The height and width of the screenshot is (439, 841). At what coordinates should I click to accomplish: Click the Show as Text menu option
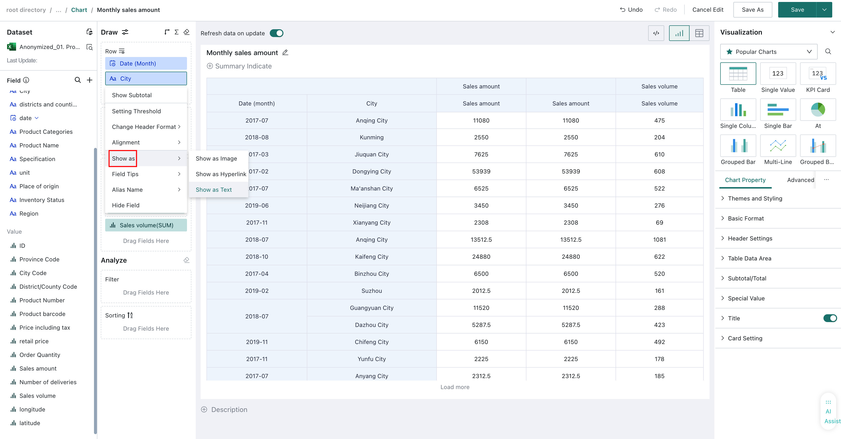coord(214,190)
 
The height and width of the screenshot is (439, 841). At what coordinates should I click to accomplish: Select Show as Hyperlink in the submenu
coord(221,174)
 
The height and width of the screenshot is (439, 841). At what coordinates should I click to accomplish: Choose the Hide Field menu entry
coord(126,205)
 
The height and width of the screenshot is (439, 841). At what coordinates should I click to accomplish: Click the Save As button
coord(753,10)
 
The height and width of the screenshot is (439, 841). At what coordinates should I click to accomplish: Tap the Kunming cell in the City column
coord(372,137)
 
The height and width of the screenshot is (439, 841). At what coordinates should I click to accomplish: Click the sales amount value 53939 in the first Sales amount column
coord(481,172)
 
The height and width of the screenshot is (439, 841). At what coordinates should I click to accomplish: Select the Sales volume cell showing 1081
coord(659,239)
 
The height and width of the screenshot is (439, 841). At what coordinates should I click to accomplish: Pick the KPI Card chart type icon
coord(817,74)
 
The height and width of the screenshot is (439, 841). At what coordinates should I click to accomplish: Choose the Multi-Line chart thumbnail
coord(778,146)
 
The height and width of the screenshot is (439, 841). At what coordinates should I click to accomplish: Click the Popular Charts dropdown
coord(768,52)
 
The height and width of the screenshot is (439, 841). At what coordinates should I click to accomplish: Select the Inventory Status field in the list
coord(42,200)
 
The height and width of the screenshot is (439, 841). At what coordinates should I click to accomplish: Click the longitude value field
coord(32,409)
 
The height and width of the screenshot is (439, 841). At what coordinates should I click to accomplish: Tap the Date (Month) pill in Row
coord(146,63)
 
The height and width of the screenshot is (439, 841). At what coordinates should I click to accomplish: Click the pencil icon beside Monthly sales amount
coord(285,52)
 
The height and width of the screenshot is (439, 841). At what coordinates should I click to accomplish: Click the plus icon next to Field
coord(89,80)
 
